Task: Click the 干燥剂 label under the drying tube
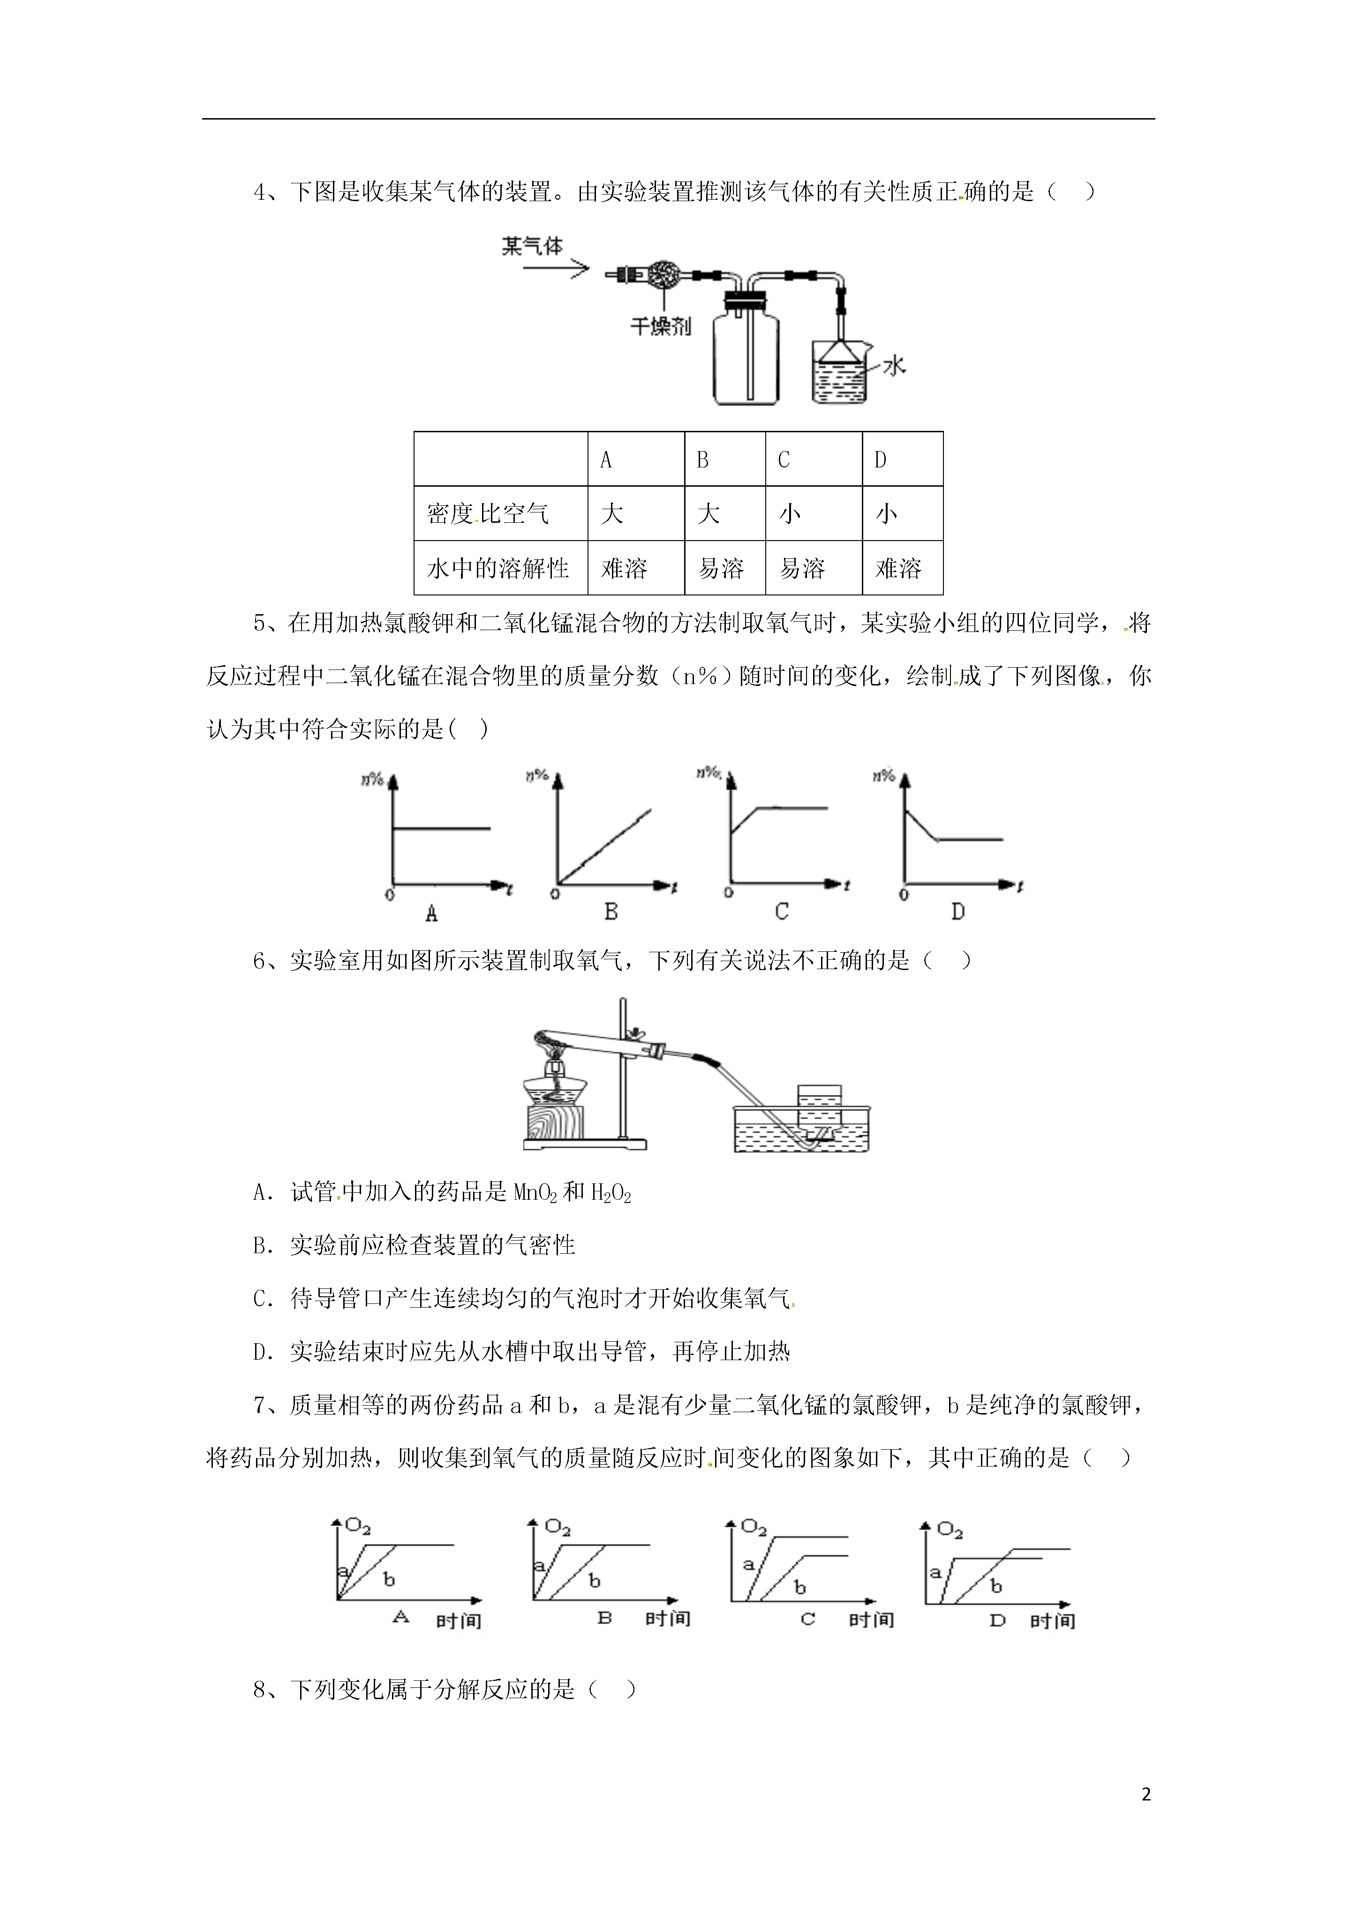(x=661, y=326)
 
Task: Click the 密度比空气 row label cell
(x=501, y=513)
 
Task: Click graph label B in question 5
(x=611, y=912)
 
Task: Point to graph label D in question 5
(x=958, y=912)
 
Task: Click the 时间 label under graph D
(x=1053, y=1621)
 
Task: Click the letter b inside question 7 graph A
(x=389, y=1579)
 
